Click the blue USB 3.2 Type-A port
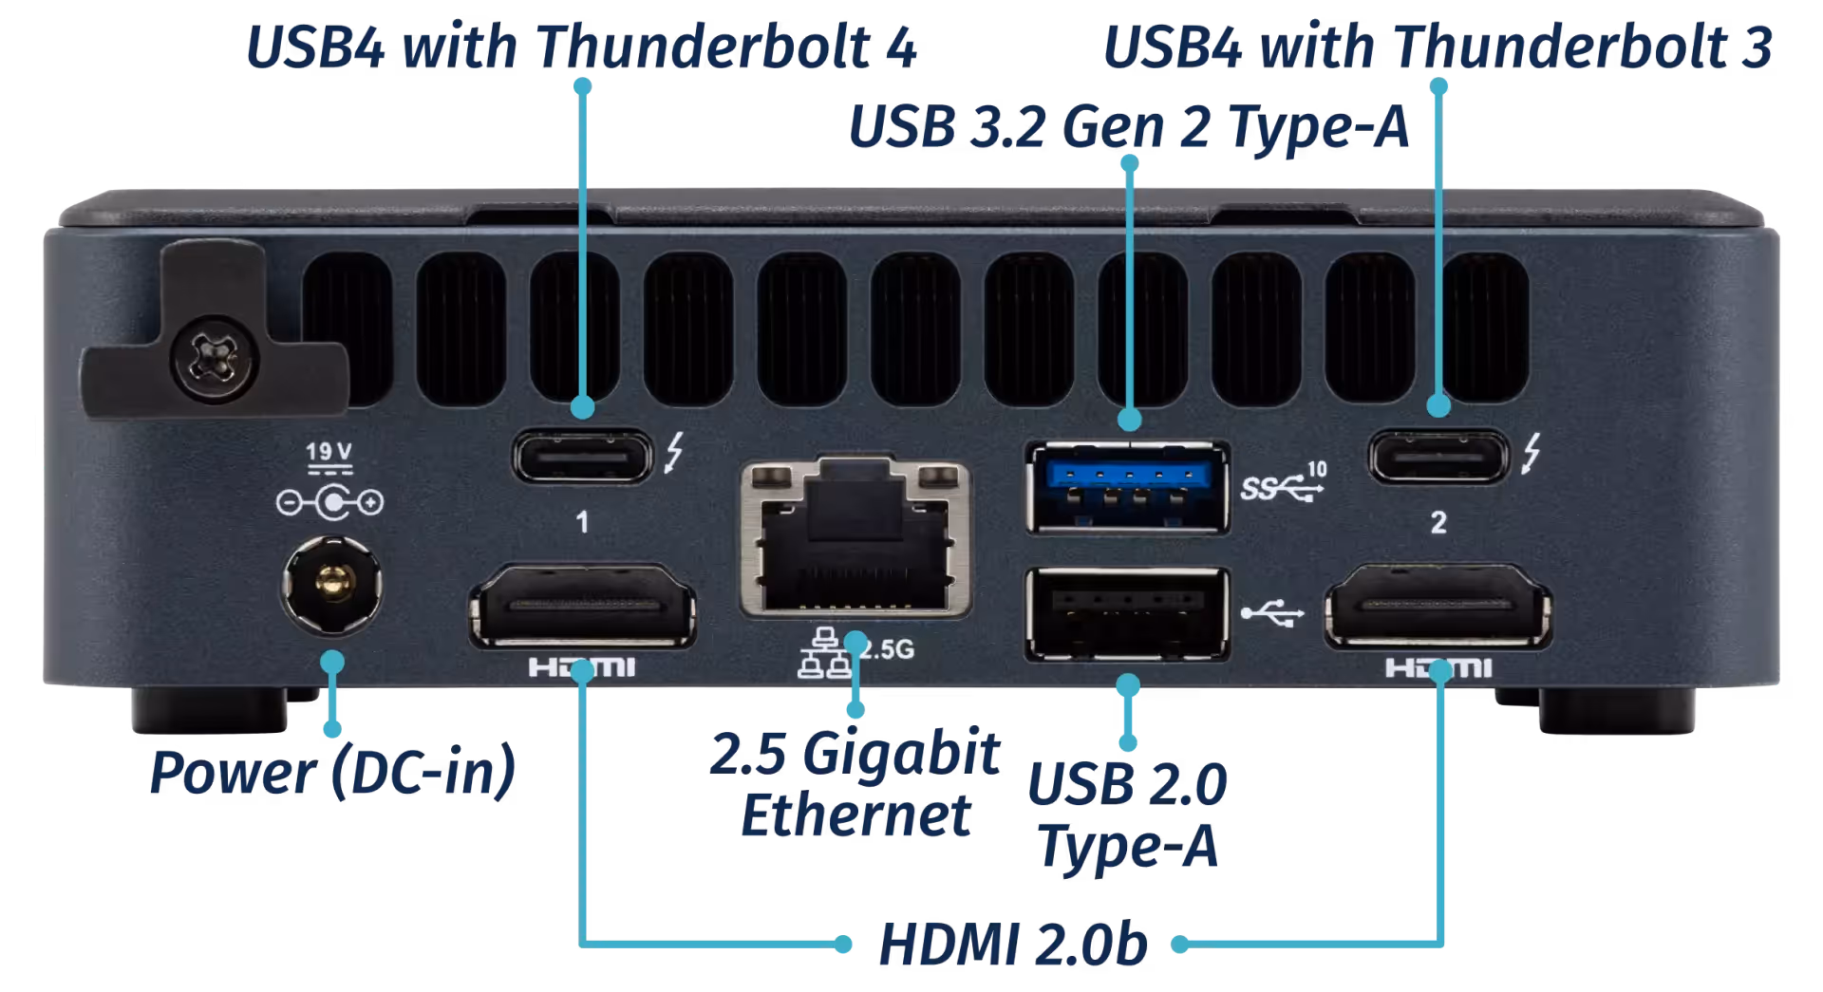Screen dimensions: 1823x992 pos(1128,488)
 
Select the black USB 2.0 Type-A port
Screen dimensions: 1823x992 pos(1128,613)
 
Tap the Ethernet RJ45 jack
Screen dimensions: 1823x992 pos(855,536)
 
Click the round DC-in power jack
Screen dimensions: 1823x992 pos(332,584)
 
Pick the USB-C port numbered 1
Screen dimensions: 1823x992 pos(583,457)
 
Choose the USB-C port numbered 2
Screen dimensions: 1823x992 pos(1438,457)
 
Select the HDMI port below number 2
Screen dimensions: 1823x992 pos(1438,607)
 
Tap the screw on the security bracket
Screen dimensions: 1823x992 pos(215,359)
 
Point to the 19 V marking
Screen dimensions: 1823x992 pos(329,452)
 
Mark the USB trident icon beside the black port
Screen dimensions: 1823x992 pos(1272,612)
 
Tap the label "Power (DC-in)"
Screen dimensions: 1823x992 pos(333,771)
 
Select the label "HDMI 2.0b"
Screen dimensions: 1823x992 pos(1013,945)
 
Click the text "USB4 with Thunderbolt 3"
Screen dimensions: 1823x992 pos(1438,47)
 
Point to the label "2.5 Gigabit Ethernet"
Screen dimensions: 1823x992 pos(855,784)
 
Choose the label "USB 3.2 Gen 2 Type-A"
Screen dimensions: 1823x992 pos(1129,126)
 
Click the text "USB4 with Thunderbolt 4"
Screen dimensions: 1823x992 pos(581,47)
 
